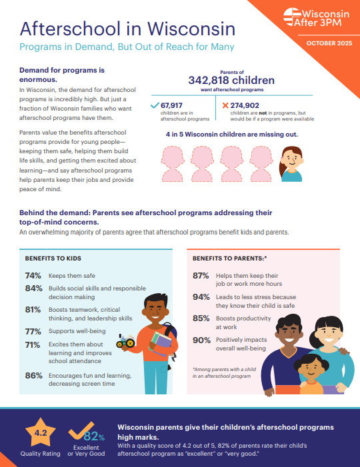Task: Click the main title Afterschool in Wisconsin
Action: [127, 29]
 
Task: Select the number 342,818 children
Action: [231, 80]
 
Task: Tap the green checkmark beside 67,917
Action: [155, 105]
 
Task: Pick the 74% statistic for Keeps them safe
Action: [33, 275]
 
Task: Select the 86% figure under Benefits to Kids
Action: [33, 375]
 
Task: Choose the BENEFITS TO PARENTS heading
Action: [229, 257]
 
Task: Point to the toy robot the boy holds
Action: [125, 342]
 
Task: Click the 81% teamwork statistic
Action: [33, 310]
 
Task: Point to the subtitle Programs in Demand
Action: [127, 48]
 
